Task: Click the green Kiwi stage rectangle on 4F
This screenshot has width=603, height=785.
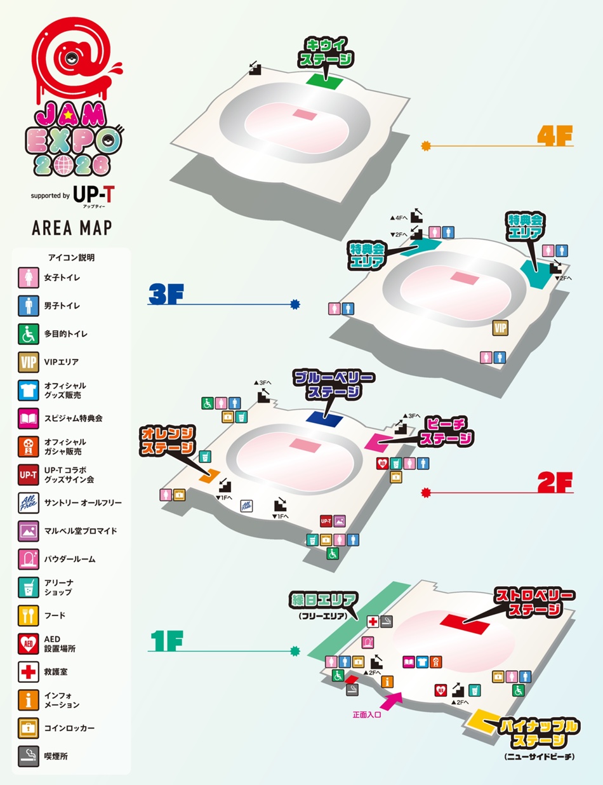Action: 324,82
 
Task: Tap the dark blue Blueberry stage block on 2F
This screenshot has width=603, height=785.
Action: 324,419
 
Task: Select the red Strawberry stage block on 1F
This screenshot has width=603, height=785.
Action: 465,624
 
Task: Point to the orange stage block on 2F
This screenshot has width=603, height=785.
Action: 209,476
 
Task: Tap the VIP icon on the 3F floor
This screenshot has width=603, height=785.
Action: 501,328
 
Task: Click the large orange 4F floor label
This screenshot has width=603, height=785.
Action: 555,136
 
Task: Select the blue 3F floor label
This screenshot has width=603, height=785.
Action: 166,294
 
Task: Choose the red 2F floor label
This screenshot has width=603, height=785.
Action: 555,483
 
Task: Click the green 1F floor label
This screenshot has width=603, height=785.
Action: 167,641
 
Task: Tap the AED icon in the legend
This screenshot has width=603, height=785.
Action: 29,643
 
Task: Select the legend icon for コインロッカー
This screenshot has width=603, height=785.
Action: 29,728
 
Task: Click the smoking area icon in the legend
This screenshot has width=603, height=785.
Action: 29,756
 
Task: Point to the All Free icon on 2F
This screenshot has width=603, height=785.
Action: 247,506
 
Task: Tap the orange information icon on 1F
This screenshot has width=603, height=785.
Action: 387,681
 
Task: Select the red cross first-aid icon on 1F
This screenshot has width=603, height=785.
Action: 373,622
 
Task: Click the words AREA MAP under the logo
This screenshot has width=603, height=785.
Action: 72,228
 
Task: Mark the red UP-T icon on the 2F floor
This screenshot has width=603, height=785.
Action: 326,521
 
